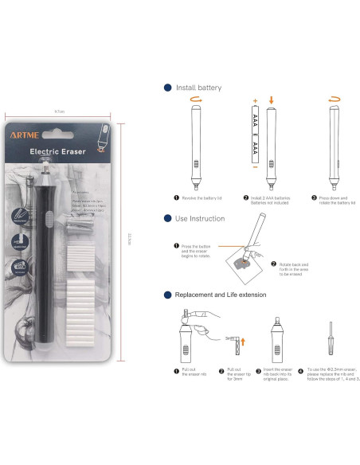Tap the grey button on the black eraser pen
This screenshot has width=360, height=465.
49,216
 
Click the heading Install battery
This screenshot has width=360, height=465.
198,88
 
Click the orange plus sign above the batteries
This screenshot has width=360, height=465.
256,101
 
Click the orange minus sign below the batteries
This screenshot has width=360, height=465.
256,169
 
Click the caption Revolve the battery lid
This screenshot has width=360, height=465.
200,197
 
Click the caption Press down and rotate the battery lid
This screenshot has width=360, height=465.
335,199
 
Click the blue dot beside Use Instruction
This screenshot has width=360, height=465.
167,217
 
